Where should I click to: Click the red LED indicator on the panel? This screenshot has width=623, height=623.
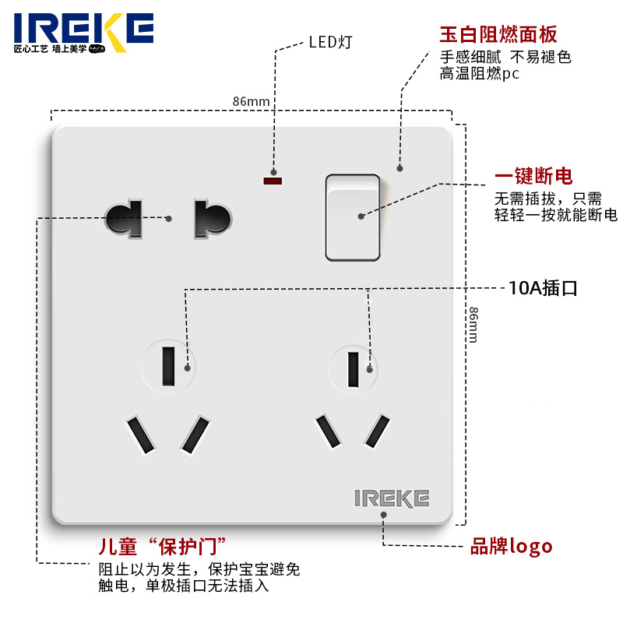point(273,181)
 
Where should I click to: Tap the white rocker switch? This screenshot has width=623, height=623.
point(353,217)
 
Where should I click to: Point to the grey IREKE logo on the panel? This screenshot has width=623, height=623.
point(392,498)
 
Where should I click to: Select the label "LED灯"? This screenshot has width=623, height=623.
point(330,42)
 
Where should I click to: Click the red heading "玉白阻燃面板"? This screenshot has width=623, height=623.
point(498,34)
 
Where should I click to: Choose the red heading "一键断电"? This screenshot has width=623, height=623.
point(533,177)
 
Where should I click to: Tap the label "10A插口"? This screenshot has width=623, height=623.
point(543,288)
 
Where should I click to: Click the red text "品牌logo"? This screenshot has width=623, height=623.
point(512,546)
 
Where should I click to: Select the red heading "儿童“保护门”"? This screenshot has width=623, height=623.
point(163,545)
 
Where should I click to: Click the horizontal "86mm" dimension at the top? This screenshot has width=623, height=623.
point(251,102)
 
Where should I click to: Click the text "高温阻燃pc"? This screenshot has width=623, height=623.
point(479,74)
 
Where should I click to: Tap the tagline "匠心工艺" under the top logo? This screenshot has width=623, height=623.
point(32,48)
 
